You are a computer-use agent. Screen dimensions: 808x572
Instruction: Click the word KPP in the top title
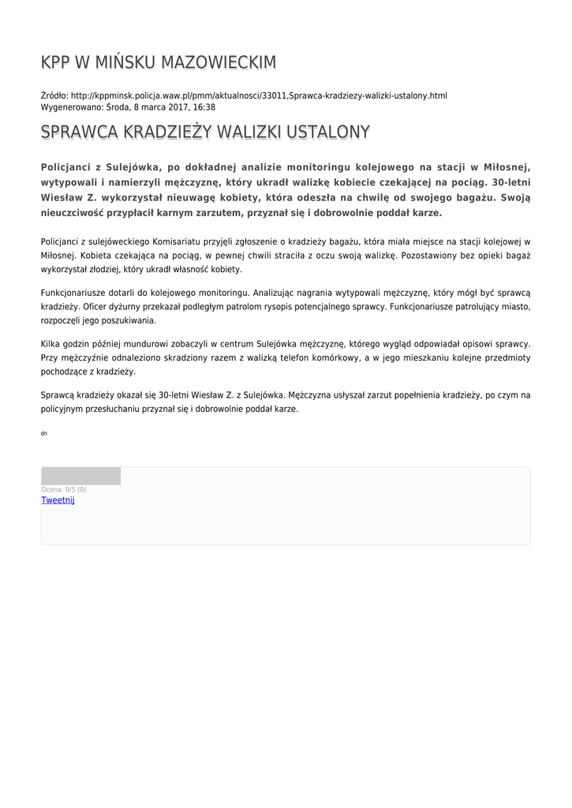point(56,62)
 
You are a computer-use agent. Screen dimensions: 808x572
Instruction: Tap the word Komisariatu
point(175,241)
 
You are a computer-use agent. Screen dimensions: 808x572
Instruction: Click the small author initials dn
point(44,433)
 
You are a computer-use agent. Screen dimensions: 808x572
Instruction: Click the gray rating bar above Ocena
point(80,476)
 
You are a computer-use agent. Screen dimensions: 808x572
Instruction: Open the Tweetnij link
point(58,500)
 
